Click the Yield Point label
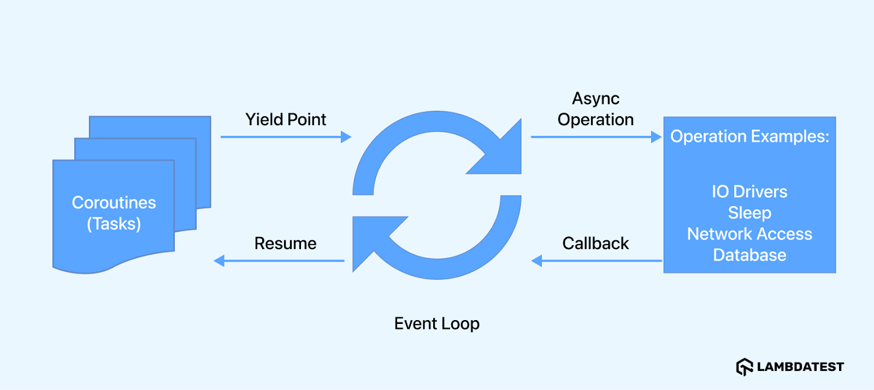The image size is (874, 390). coord(285,119)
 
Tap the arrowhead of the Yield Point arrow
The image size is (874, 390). coord(346,137)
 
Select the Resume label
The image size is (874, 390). coord(285,243)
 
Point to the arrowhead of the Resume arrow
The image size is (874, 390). coord(219,261)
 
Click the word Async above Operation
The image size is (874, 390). coord(595,98)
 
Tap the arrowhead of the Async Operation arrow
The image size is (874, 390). coord(657,137)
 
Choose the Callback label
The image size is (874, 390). coord(595,243)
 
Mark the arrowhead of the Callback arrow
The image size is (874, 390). coord(537,261)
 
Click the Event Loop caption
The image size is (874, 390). coord(436,323)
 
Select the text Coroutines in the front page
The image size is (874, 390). coord(114,203)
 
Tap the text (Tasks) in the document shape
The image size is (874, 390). coord(114,224)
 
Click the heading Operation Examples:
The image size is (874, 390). coord(749,136)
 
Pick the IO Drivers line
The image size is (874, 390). coord(749,192)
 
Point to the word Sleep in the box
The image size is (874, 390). coord(749,212)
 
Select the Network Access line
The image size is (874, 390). coord(749,234)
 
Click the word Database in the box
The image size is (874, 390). coord(749,255)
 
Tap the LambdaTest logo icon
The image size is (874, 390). coord(744,367)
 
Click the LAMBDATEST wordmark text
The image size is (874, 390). coord(800,367)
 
